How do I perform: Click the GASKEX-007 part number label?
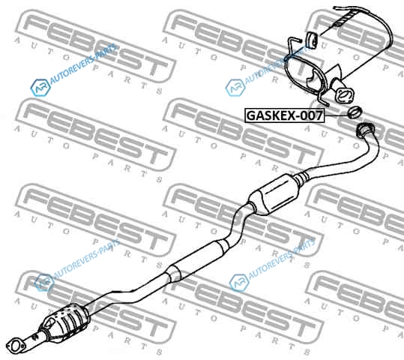[284, 115]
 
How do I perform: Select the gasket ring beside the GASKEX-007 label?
[355, 112]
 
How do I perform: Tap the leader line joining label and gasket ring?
[337, 115]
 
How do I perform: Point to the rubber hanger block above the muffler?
[312, 40]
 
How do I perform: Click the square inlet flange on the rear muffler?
[345, 96]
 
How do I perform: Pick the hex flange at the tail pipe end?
[364, 130]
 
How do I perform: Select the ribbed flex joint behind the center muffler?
[302, 178]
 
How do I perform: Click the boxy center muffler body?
[274, 194]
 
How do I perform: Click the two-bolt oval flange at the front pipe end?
[16, 346]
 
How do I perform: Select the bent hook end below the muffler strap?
[322, 100]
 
